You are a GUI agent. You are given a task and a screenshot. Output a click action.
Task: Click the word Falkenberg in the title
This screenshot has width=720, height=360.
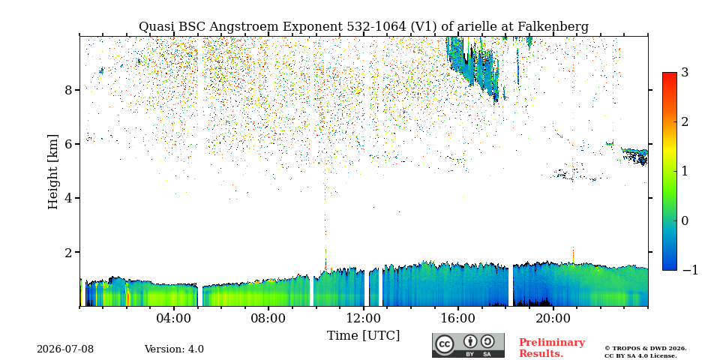click(553, 27)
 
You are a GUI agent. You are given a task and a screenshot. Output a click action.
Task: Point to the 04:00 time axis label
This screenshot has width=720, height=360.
click(174, 318)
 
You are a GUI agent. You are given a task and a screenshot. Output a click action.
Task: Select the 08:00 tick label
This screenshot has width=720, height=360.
click(268, 318)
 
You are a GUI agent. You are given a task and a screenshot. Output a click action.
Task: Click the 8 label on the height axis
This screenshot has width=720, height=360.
click(68, 89)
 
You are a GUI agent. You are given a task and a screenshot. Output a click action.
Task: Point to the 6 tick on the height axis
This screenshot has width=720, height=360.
click(68, 144)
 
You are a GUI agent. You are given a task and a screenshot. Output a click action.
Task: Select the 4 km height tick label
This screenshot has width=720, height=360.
click(68, 198)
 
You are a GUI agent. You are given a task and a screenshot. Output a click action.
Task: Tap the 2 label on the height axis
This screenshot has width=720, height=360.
click(68, 252)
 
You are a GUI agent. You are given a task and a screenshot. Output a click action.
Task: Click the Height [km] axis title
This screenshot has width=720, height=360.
click(53, 172)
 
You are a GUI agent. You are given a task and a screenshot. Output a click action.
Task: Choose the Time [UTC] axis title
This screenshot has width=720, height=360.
click(363, 336)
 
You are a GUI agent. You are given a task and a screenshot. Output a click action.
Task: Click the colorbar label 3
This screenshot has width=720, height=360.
click(685, 72)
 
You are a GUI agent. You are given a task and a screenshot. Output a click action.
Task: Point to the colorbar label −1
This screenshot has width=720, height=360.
click(690, 270)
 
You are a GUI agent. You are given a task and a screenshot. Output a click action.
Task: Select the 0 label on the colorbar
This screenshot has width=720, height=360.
click(685, 220)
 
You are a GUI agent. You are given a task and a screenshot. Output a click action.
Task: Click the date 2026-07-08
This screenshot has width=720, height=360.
click(65, 349)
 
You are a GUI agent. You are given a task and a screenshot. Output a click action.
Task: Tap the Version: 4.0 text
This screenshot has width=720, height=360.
click(174, 349)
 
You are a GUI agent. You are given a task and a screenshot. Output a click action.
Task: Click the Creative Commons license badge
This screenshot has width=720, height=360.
click(468, 345)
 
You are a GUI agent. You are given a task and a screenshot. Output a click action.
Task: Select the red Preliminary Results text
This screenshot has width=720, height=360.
click(552, 347)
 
